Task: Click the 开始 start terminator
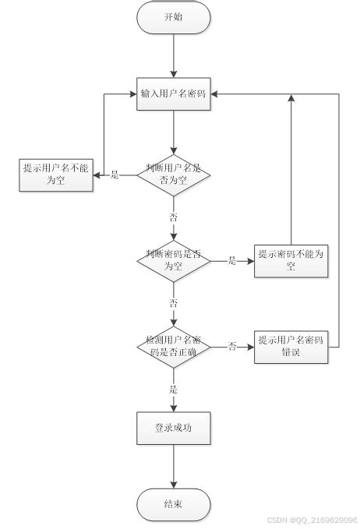174,17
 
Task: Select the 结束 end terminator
174,504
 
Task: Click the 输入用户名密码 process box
174,94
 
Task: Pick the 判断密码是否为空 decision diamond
174,260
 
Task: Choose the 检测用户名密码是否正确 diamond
174,346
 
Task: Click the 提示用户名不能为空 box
55,175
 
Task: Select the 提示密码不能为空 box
291,260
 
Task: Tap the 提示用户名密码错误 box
291,346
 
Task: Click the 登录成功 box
174,428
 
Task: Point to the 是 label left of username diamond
115,175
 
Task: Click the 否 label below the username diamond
174,217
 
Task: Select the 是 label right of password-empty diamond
232,261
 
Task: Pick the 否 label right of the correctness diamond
232,347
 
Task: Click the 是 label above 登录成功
174,389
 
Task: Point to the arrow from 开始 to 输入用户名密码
174,55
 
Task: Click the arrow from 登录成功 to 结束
174,466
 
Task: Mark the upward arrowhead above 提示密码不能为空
291,99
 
